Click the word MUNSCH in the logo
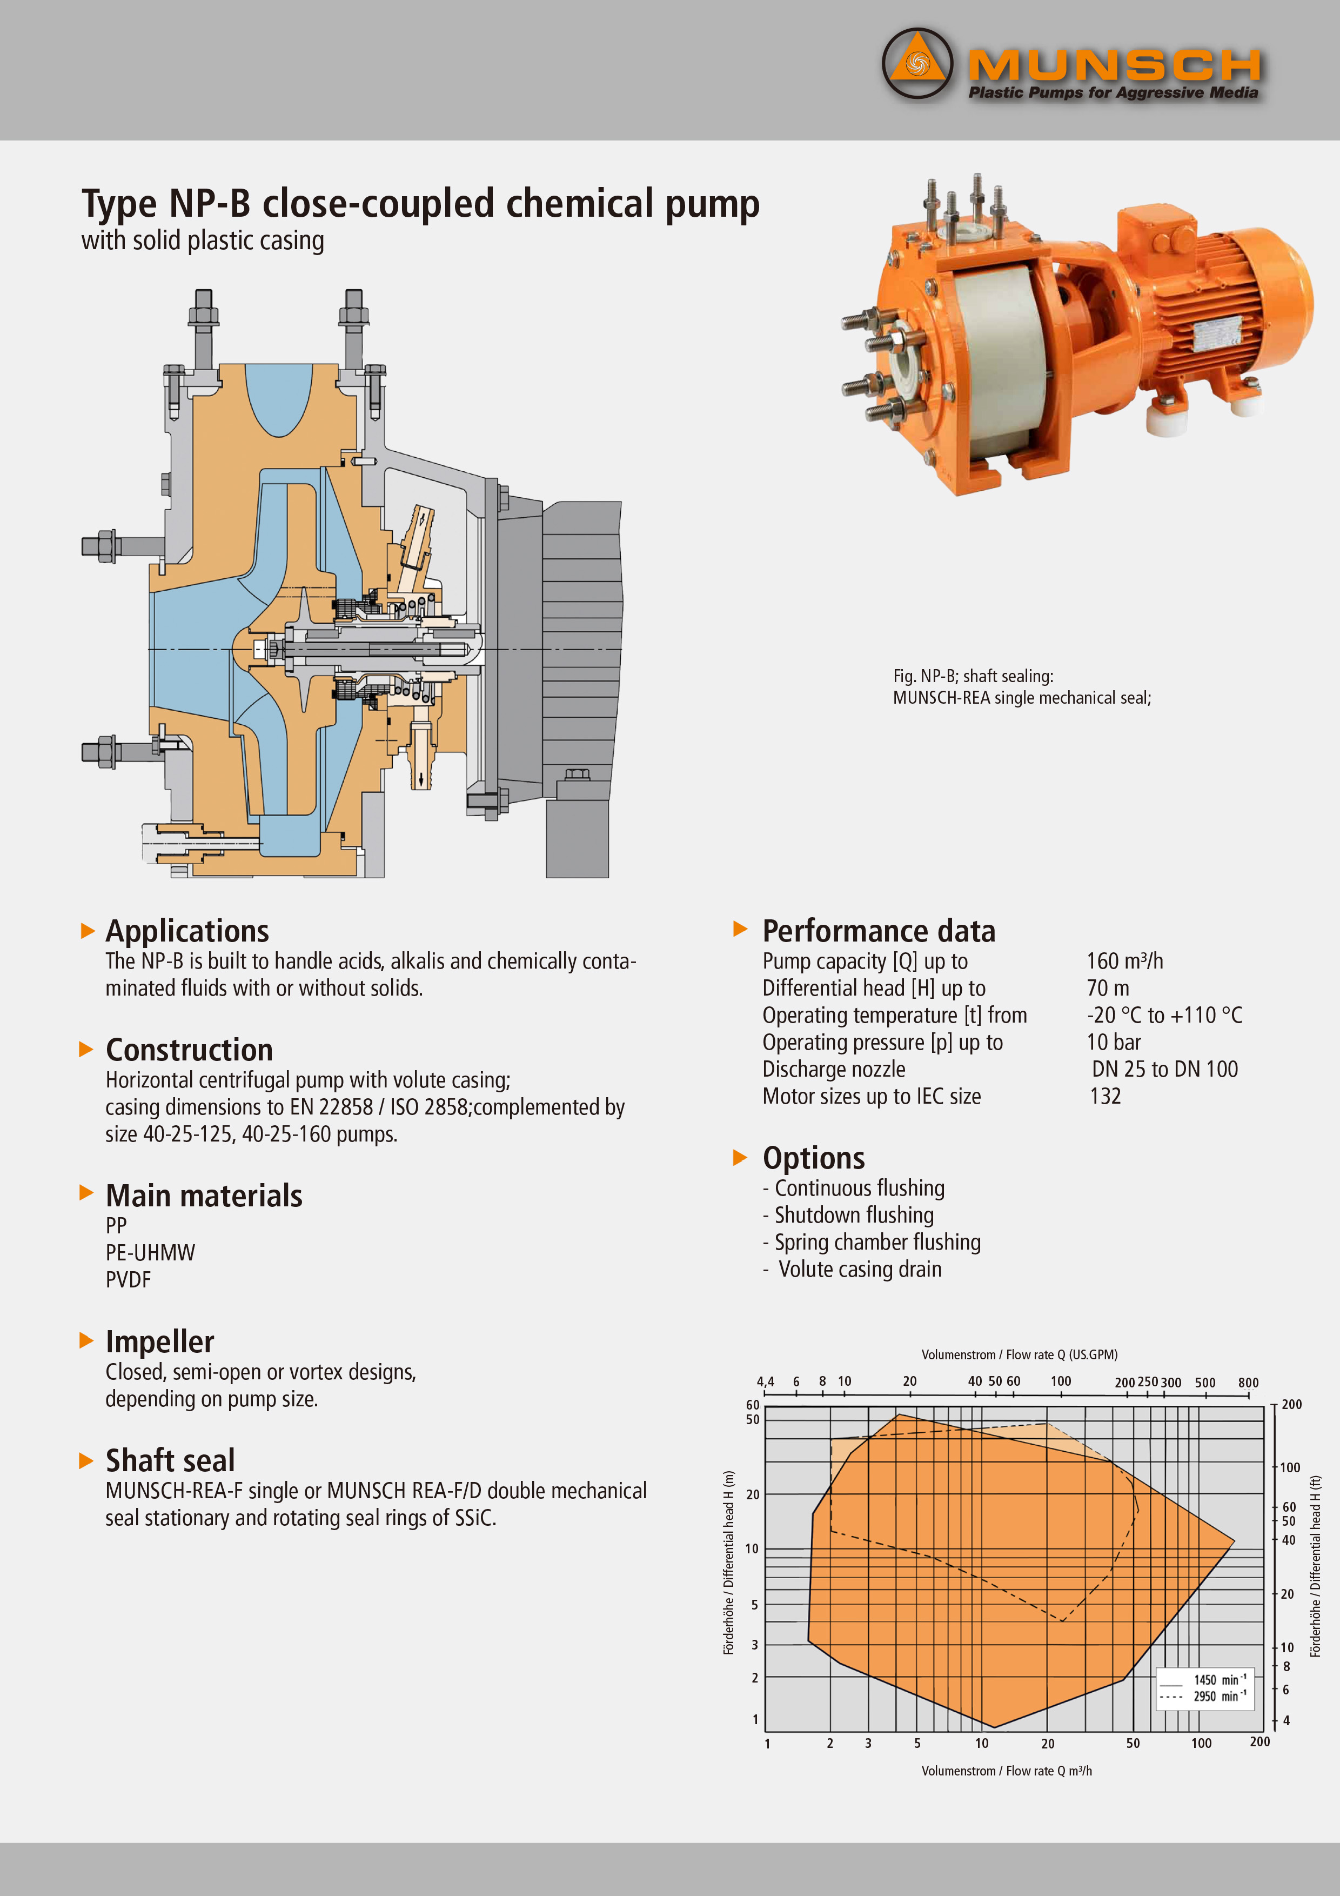pyautogui.click(x=1115, y=64)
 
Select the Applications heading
pyautogui.click(x=187, y=931)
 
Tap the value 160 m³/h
pyautogui.click(x=1124, y=961)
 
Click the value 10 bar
pyautogui.click(x=1114, y=1042)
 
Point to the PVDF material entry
pyautogui.click(x=128, y=1279)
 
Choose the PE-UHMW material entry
pyautogui.click(x=150, y=1252)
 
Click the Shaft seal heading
pyautogui.click(x=170, y=1460)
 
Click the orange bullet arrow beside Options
pyautogui.click(x=741, y=1157)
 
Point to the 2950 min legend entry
pyautogui.click(x=1204, y=1696)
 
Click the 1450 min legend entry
pyautogui.click(x=1204, y=1680)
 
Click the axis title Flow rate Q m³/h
pyautogui.click(x=1007, y=1771)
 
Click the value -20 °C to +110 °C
pyautogui.click(x=1164, y=1015)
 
